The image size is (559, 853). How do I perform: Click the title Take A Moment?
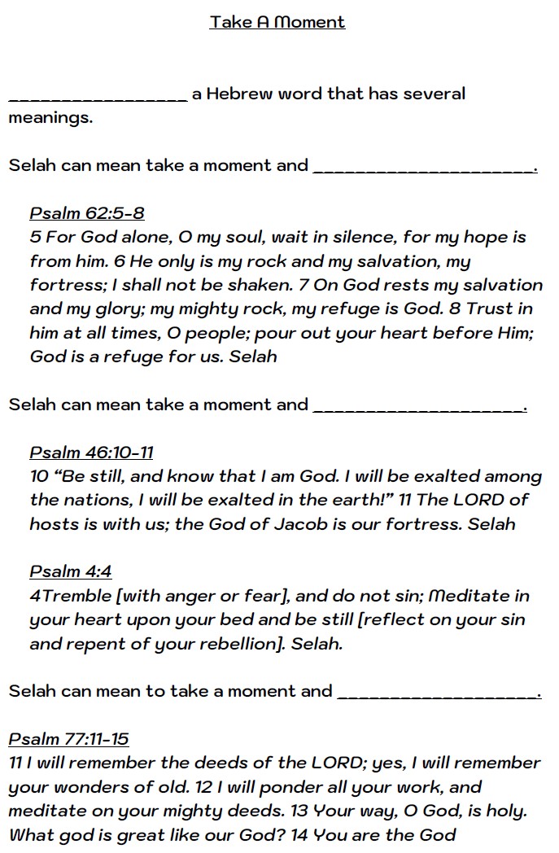(x=277, y=22)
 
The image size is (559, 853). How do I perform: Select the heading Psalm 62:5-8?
(x=87, y=213)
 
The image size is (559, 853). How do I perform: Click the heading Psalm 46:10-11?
(x=91, y=453)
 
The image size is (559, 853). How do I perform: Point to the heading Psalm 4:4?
(x=70, y=571)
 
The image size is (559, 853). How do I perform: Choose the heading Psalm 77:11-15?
(x=68, y=739)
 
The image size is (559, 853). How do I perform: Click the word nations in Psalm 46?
(x=98, y=501)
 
